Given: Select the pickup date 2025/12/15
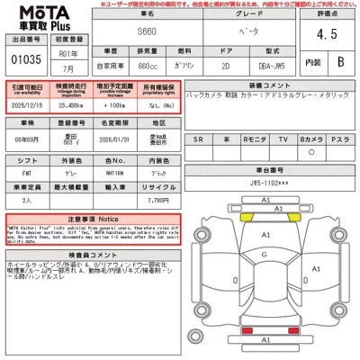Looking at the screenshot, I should click(x=27, y=105).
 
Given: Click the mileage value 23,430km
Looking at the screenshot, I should click(x=71, y=105).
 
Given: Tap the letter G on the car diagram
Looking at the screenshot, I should click(x=265, y=255).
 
